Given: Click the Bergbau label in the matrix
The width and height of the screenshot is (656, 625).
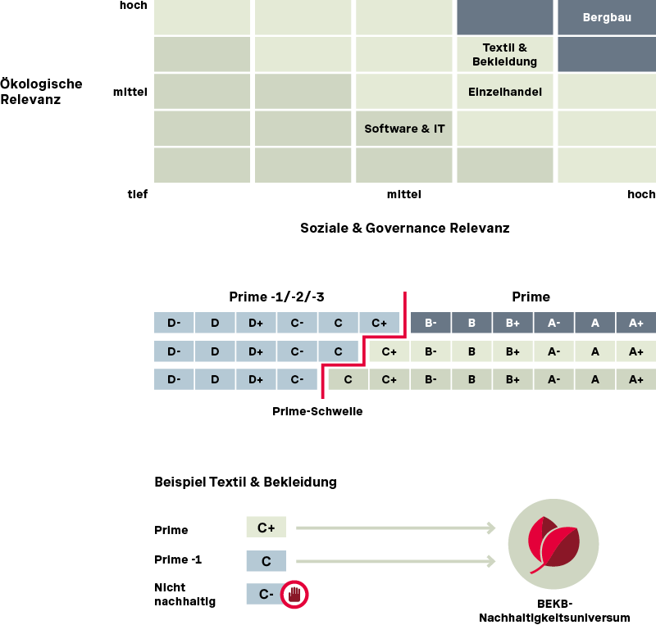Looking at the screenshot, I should tap(606, 17).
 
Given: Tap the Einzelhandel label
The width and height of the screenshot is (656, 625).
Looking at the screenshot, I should tap(504, 92).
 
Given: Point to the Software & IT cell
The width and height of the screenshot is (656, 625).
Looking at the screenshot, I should tap(404, 129).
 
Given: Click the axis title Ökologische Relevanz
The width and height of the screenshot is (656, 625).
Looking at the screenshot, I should tap(41, 92).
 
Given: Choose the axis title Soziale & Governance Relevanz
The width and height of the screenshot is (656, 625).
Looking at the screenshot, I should tap(405, 228).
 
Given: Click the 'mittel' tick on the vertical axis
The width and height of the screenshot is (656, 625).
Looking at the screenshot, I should tap(130, 92).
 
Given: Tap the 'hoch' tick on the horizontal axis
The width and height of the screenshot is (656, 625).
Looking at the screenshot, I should tap(641, 194).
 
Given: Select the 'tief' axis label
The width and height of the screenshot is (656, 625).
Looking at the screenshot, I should tap(137, 194).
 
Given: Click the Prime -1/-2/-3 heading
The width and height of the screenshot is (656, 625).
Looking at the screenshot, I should tap(282, 297).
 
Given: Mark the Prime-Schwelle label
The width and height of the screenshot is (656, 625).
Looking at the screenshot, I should tap(317, 411).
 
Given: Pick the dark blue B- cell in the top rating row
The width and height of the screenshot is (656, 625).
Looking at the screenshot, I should tap(430, 324).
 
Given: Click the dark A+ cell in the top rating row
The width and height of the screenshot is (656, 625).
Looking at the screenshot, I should tap(635, 324).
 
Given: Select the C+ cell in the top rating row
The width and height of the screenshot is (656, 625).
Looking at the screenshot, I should tap(379, 324).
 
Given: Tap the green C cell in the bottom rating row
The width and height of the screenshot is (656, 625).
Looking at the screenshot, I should tap(348, 379).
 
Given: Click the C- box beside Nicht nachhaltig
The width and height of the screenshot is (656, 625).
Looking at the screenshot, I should tap(266, 594).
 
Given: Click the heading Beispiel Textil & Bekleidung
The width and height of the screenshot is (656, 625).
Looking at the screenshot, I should tap(245, 482).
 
